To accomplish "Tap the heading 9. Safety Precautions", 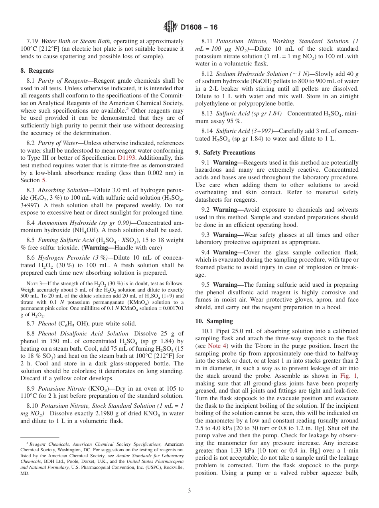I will pyautogui.click(x=225, y=153).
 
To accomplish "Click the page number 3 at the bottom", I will pyautogui.click(x=189, y=490).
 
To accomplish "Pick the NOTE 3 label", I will pyautogui.click(x=33, y=284).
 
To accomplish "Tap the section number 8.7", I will pyautogui.click(x=31, y=323).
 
